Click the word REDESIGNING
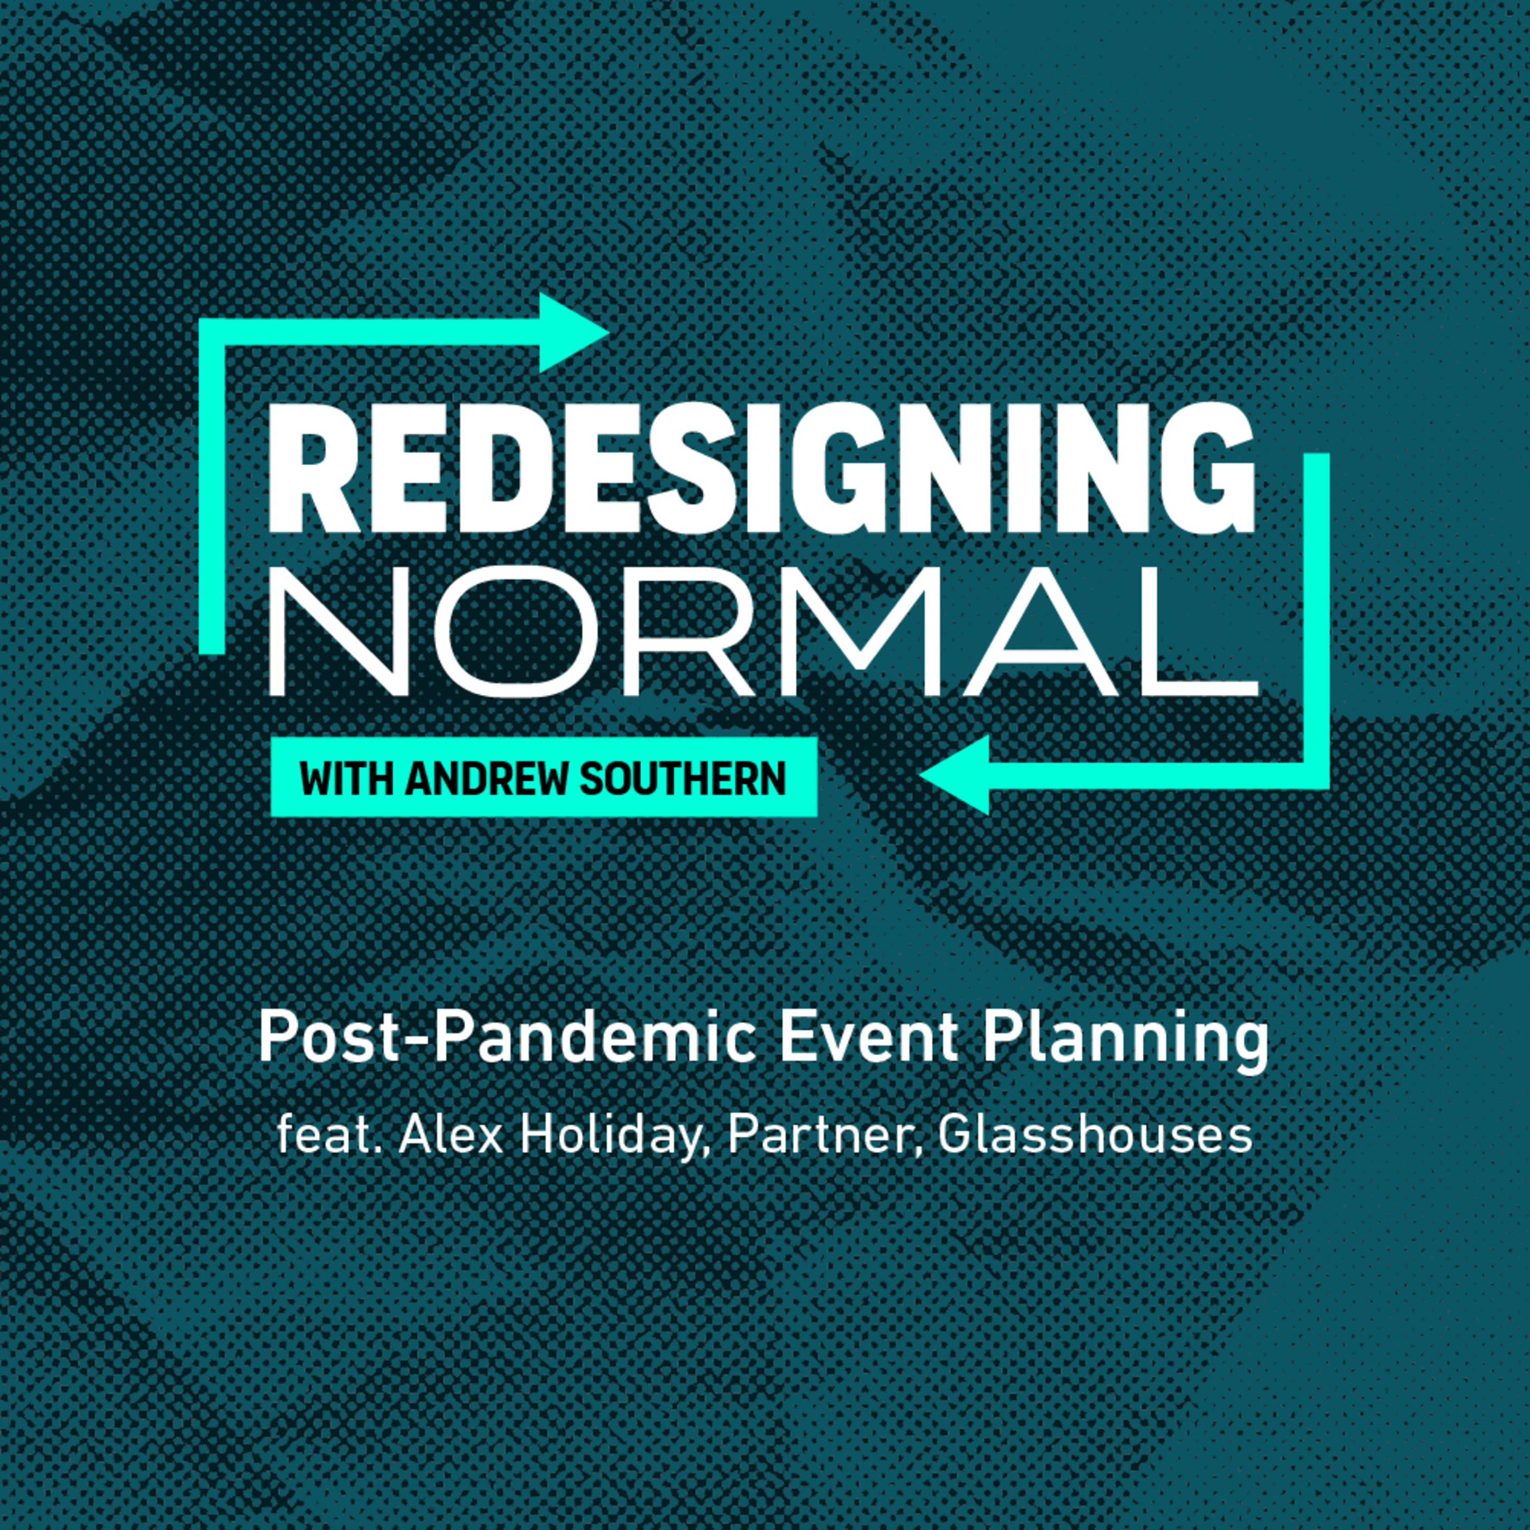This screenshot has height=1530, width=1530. (x=762, y=469)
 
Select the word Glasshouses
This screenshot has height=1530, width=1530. (x=1095, y=1135)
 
